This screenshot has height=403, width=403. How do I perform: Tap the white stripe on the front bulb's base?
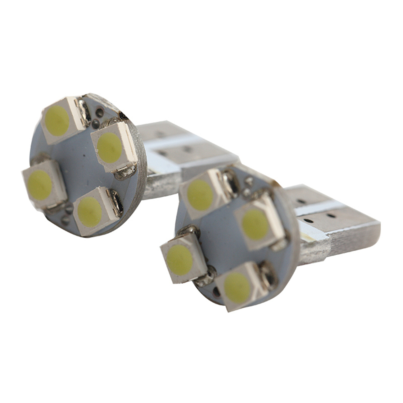coord(318,210)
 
